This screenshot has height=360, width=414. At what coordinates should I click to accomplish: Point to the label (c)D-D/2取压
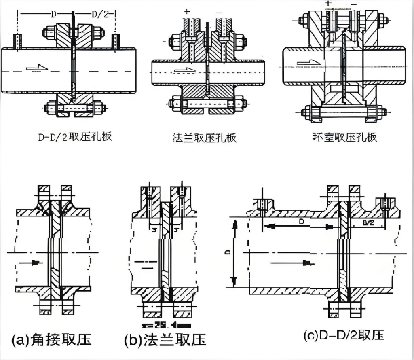point(343,335)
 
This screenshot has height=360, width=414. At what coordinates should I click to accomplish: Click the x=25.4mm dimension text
point(164,324)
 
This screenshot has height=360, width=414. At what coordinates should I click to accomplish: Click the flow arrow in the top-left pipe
point(35,66)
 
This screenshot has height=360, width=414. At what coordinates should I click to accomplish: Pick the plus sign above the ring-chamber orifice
point(328,4)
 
